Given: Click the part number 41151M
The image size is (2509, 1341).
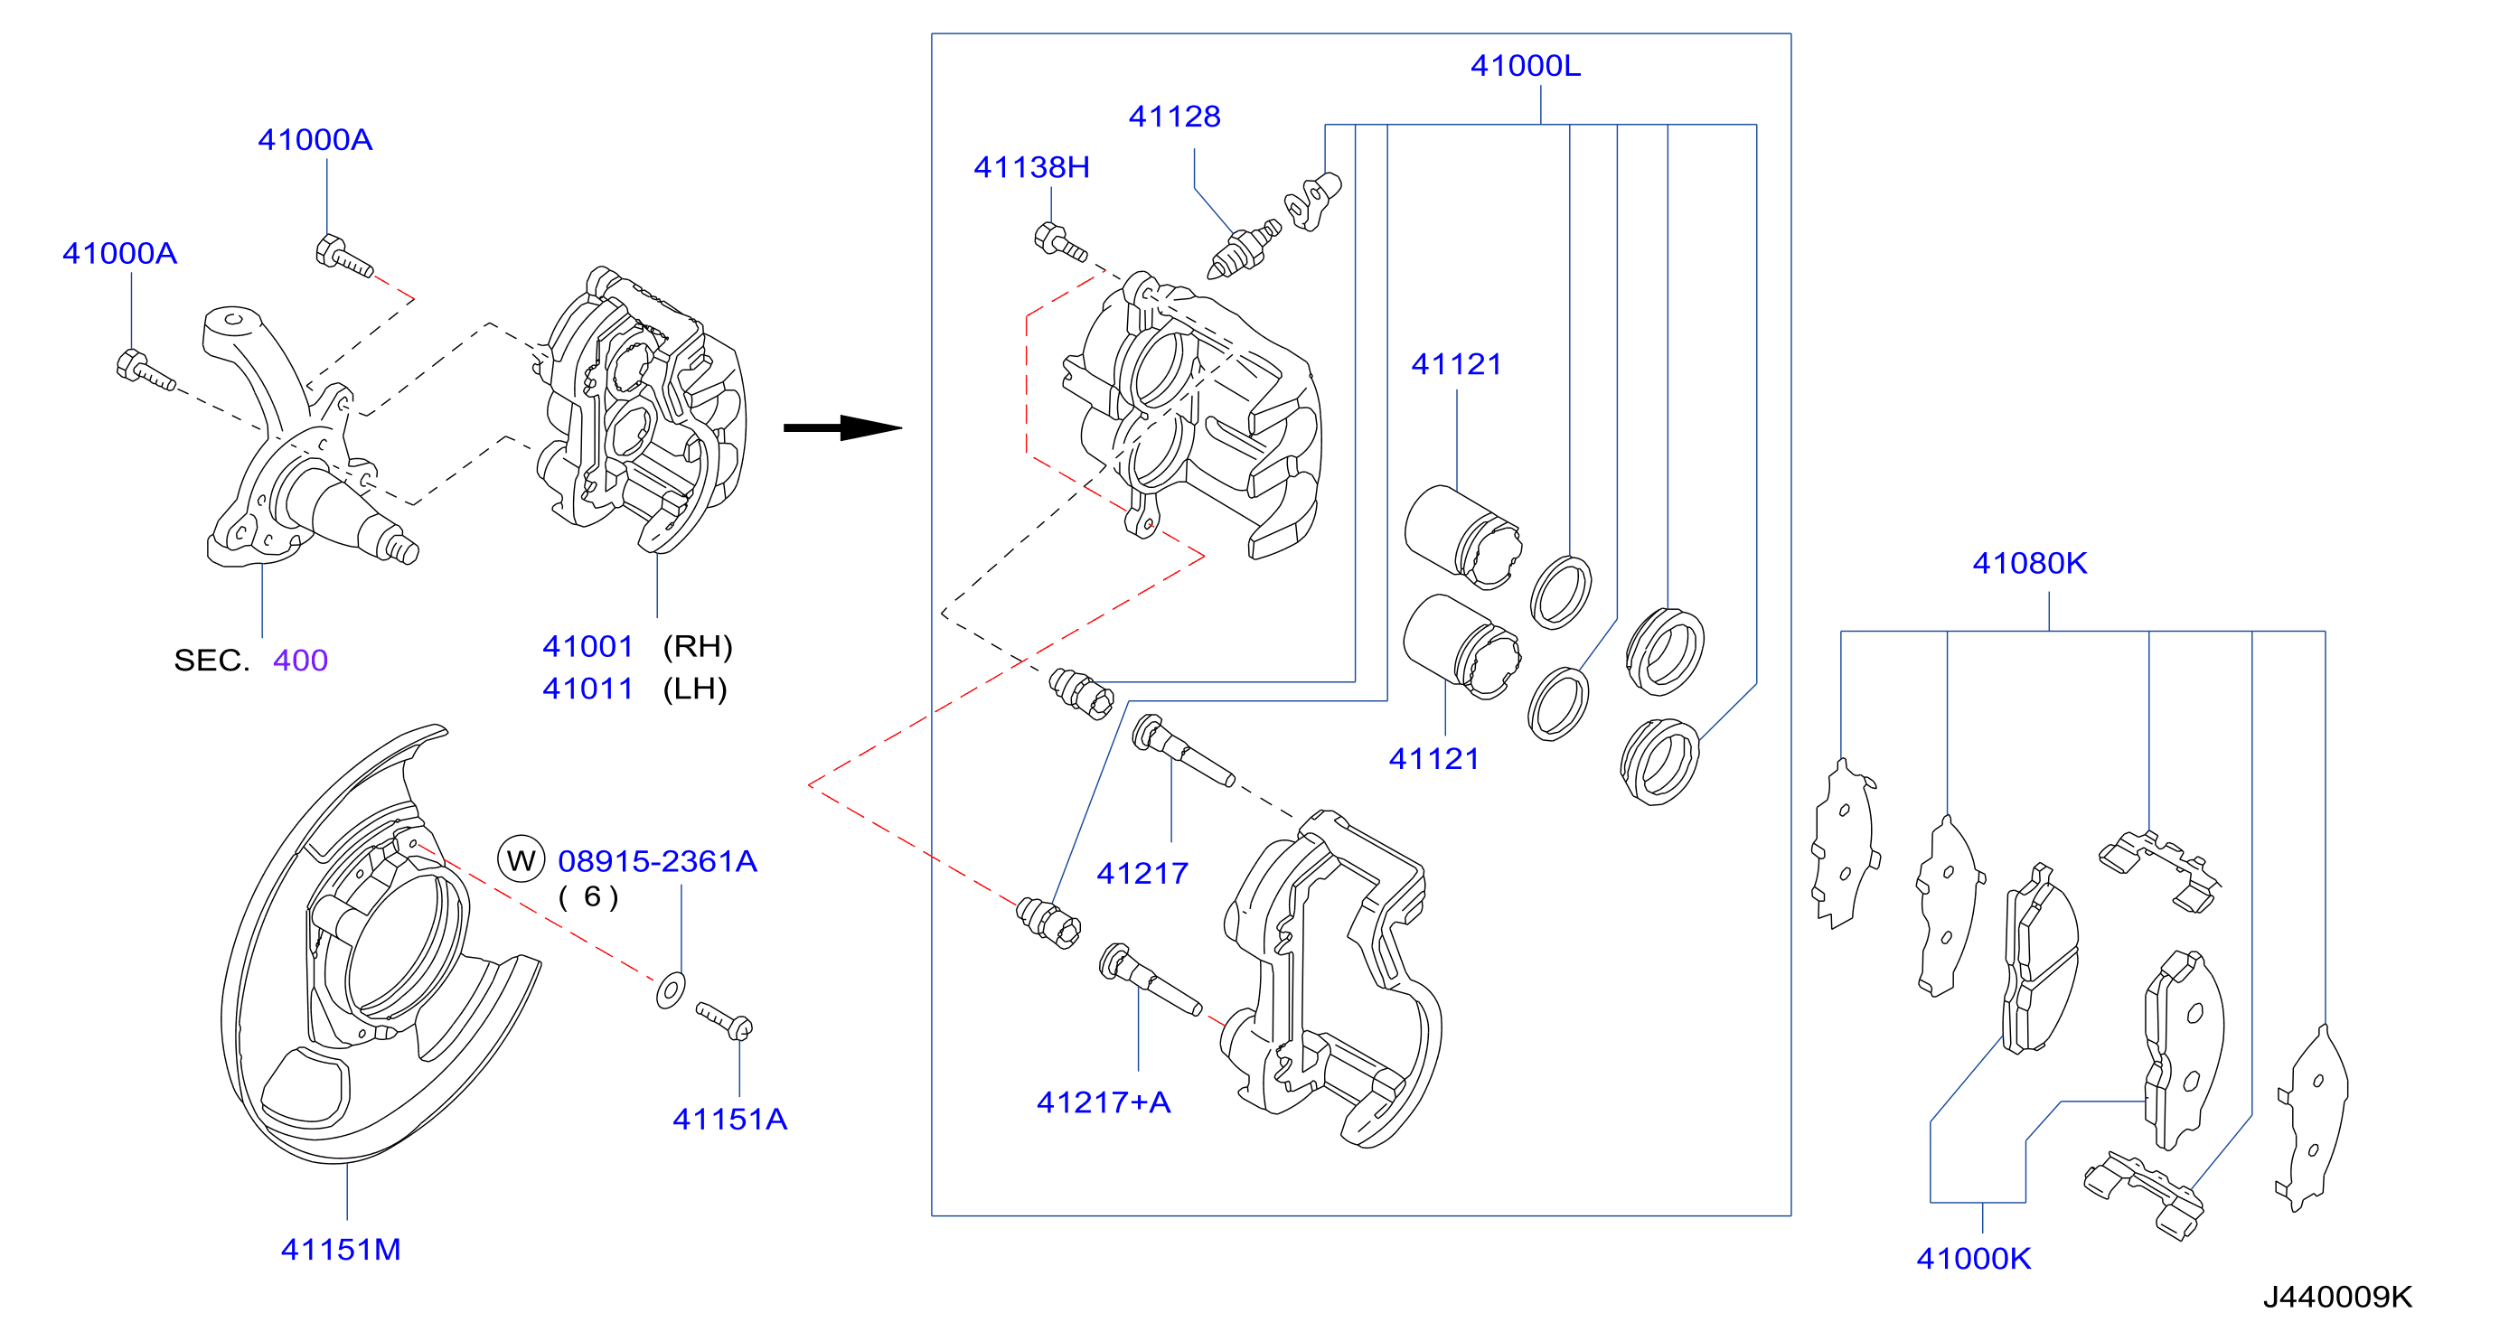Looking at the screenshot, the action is tap(341, 1250).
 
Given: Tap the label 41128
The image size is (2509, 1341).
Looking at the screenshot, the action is tap(1175, 117).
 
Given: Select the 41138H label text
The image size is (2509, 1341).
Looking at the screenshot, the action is tap(1031, 167).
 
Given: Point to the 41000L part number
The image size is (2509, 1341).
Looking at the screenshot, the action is tap(1526, 66).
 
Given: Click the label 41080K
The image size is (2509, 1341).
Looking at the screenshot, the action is tap(2030, 563).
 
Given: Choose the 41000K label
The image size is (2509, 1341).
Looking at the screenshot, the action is tap(1973, 1259).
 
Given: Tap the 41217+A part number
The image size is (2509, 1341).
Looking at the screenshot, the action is tap(1104, 1102).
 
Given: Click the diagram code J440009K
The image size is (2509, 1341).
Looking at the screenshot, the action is tap(2337, 1298).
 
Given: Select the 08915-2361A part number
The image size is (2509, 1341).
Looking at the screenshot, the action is tap(657, 861).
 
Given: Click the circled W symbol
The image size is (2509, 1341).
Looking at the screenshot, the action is tap(522, 860).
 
